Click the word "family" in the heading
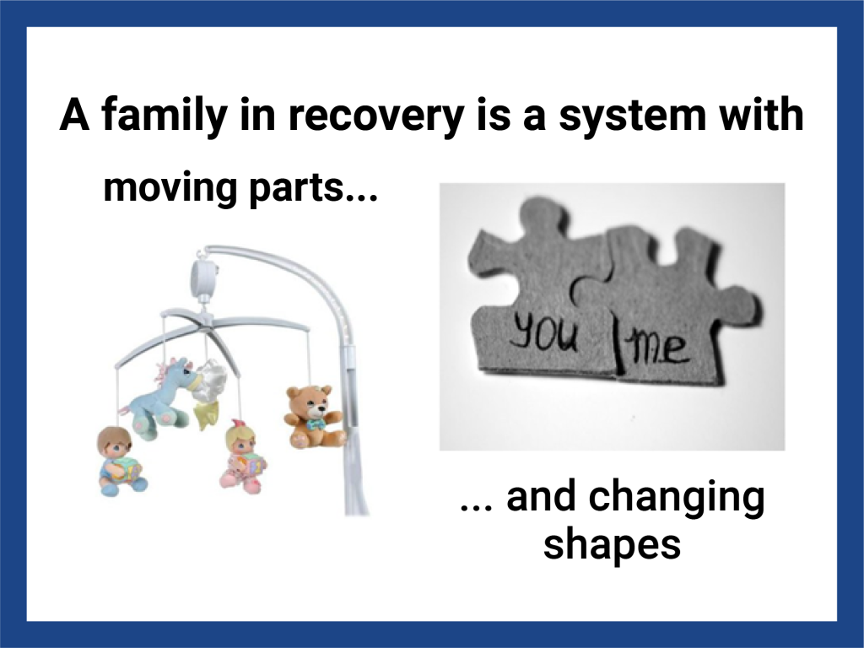tap(164, 116)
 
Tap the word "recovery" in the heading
tap(375, 116)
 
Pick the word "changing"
tap(676, 498)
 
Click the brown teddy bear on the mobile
tap(312, 417)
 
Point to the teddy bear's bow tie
tap(316, 424)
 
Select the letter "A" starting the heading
tap(75, 115)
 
